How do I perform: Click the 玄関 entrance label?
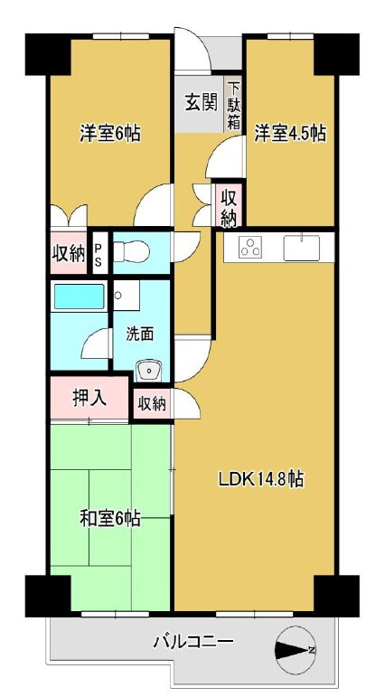199,101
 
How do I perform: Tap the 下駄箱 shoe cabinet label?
234,106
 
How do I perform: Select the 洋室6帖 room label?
109,133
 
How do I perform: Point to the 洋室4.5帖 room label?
289,133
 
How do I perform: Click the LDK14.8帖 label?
259,480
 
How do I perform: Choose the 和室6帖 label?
109,519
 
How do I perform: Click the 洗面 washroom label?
139,334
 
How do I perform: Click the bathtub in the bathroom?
79,296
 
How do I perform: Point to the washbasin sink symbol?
147,370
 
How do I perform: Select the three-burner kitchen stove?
250,247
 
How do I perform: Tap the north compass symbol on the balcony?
294,649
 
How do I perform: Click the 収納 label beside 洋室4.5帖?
229,207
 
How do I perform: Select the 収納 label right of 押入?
152,404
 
